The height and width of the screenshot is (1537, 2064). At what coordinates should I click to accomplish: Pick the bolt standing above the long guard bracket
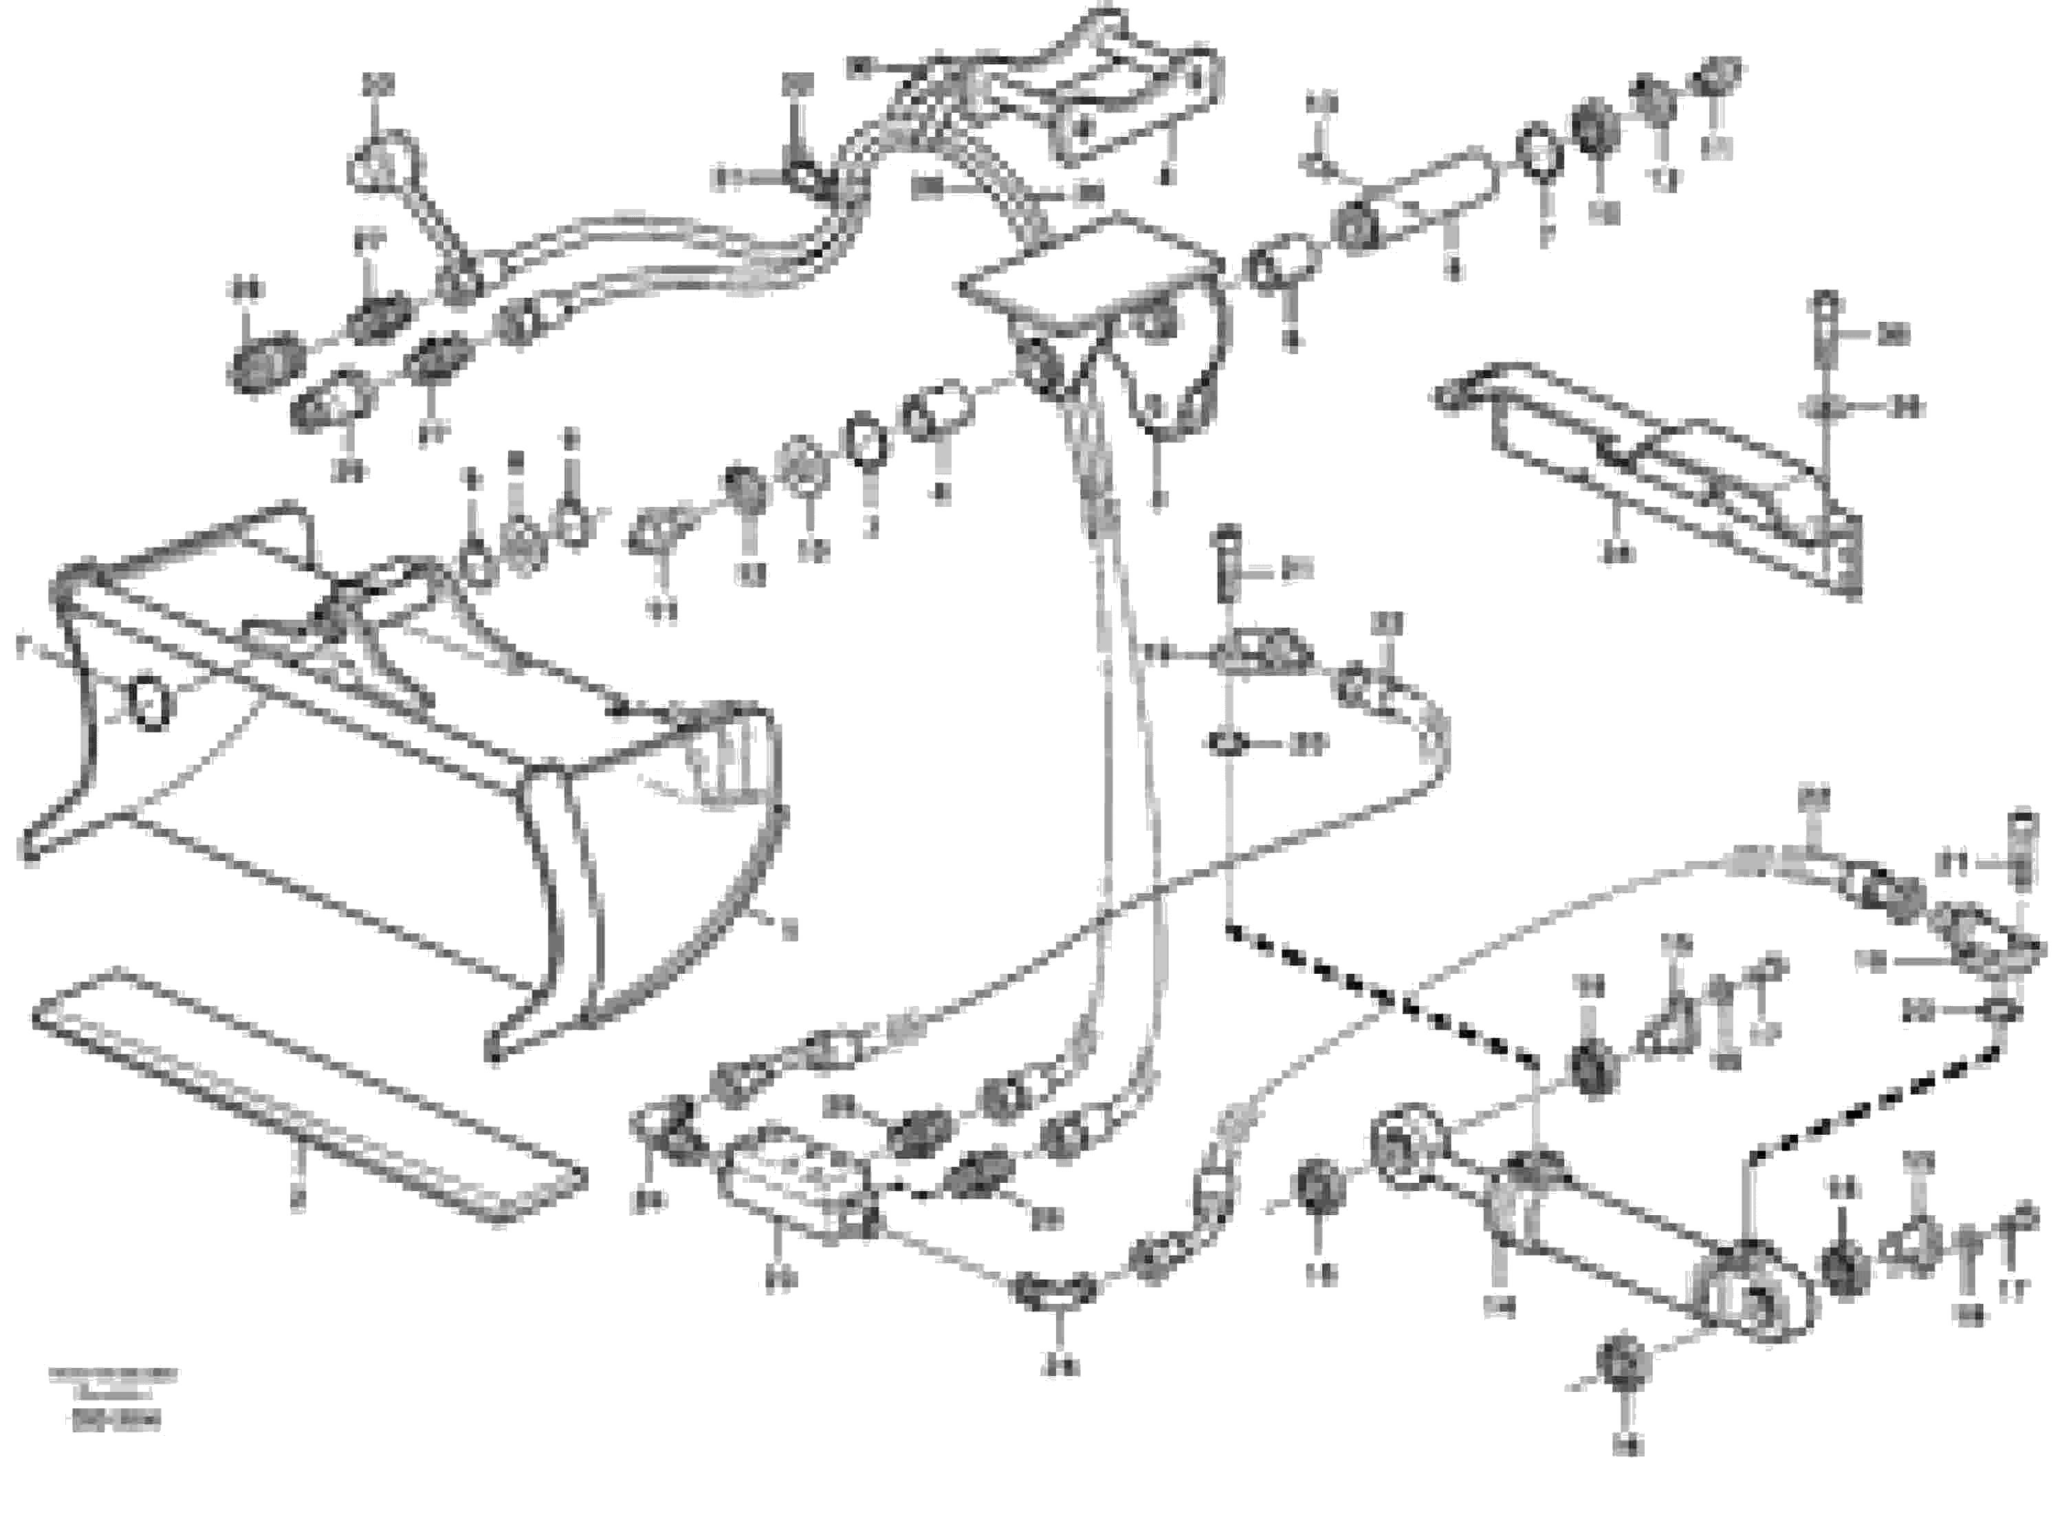[1825, 330]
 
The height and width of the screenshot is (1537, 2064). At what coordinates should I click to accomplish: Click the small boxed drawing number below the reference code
[113, 1421]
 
